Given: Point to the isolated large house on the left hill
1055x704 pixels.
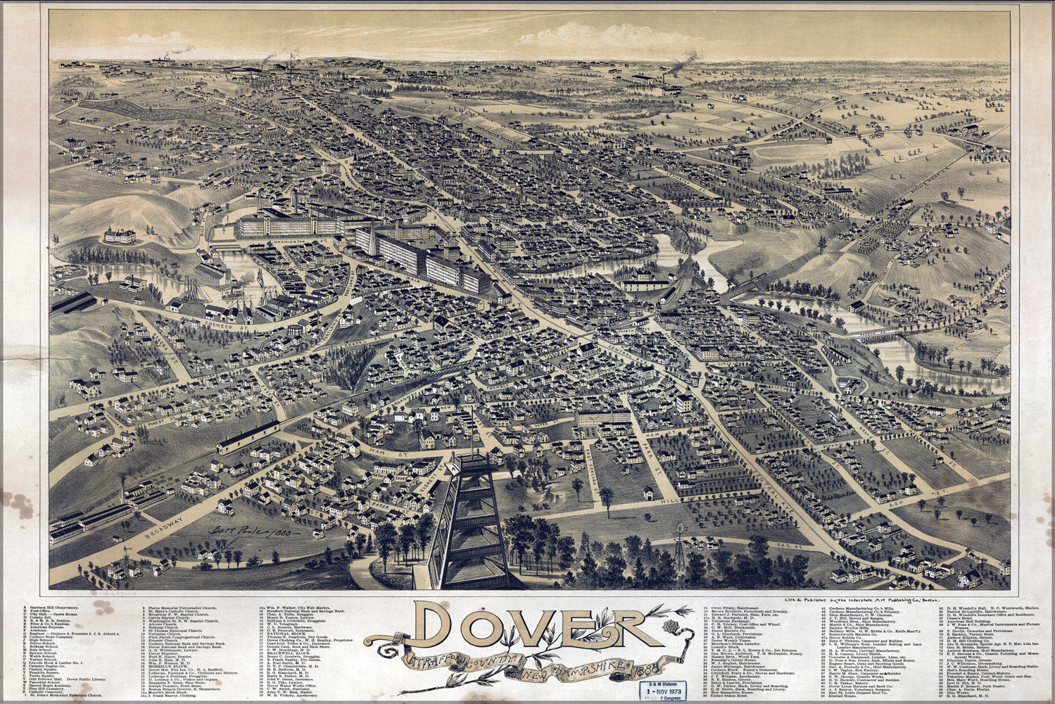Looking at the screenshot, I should click(x=120, y=236).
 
